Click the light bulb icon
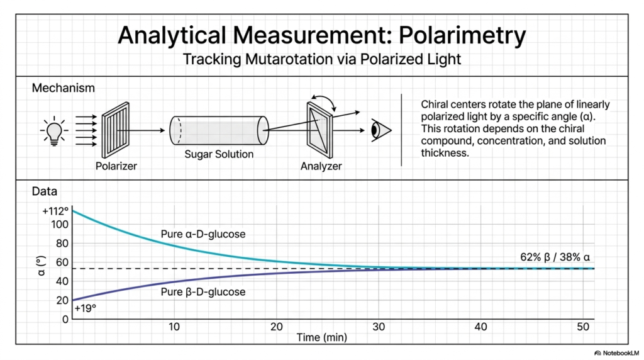click(x=54, y=131)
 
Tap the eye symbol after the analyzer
click(x=380, y=130)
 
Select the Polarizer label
click(x=116, y=166)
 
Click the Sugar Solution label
click(x=219, y=154)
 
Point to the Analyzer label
click(x=321, y=166)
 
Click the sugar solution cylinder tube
click(x=219, y=130)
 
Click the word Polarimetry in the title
click(x=462, y=35)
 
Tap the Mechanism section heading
click(x=64, y=88)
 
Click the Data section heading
click(x=45, y=191)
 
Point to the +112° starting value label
click(x=55, y=211)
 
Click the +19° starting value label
click(x=86, y=308)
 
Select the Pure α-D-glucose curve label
click(x=203, y=234)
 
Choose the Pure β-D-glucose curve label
click(x=203, y=292)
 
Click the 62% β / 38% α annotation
click(x=555, y=257)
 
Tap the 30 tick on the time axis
click(x=379, y=327)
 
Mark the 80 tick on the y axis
click(x=62, y=244)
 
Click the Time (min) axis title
click(x=321, y=337)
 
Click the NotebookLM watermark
click(x=616, y=353)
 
